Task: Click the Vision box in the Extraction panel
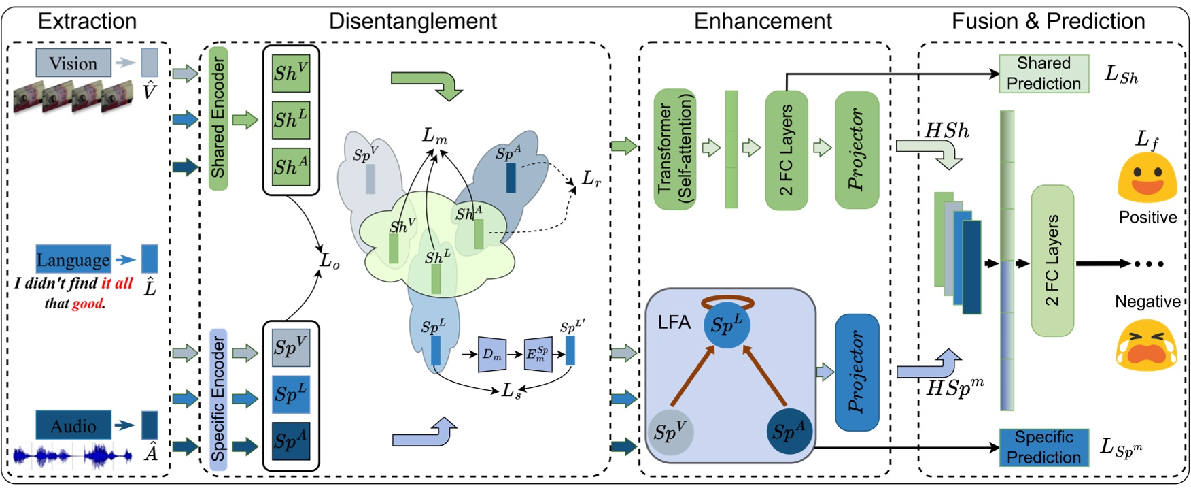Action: tap(73, 63)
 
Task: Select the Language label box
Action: tap(73, 259)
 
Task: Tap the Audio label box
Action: tap(73, 425)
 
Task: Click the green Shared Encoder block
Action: tap(218, 118)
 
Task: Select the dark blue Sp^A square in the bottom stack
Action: tap(291, 440)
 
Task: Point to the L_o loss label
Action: tap(330, 261)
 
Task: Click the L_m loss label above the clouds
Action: tap(435, 136)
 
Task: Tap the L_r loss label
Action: tap(591, 179)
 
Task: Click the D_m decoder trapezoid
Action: tap(492, 354)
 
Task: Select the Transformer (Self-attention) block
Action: tap(674, 149)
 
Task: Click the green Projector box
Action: tap(857, 149)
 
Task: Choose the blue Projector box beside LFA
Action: tap(857, 372)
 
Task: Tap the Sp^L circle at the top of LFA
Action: tap(727, 325)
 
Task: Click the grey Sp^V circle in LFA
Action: tap(670, 432)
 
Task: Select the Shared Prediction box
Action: tap(1043, 74)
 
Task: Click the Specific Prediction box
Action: tap(1043, 447)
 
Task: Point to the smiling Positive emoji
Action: tap(1147, 178)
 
